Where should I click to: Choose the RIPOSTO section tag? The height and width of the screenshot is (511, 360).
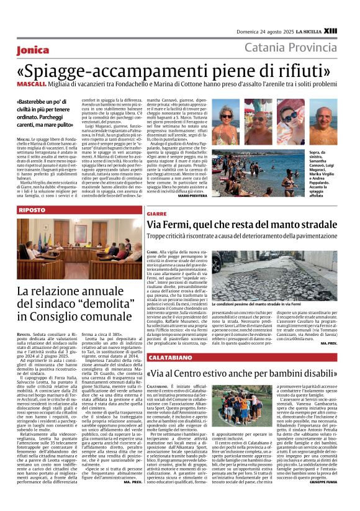tap(34, 211)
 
